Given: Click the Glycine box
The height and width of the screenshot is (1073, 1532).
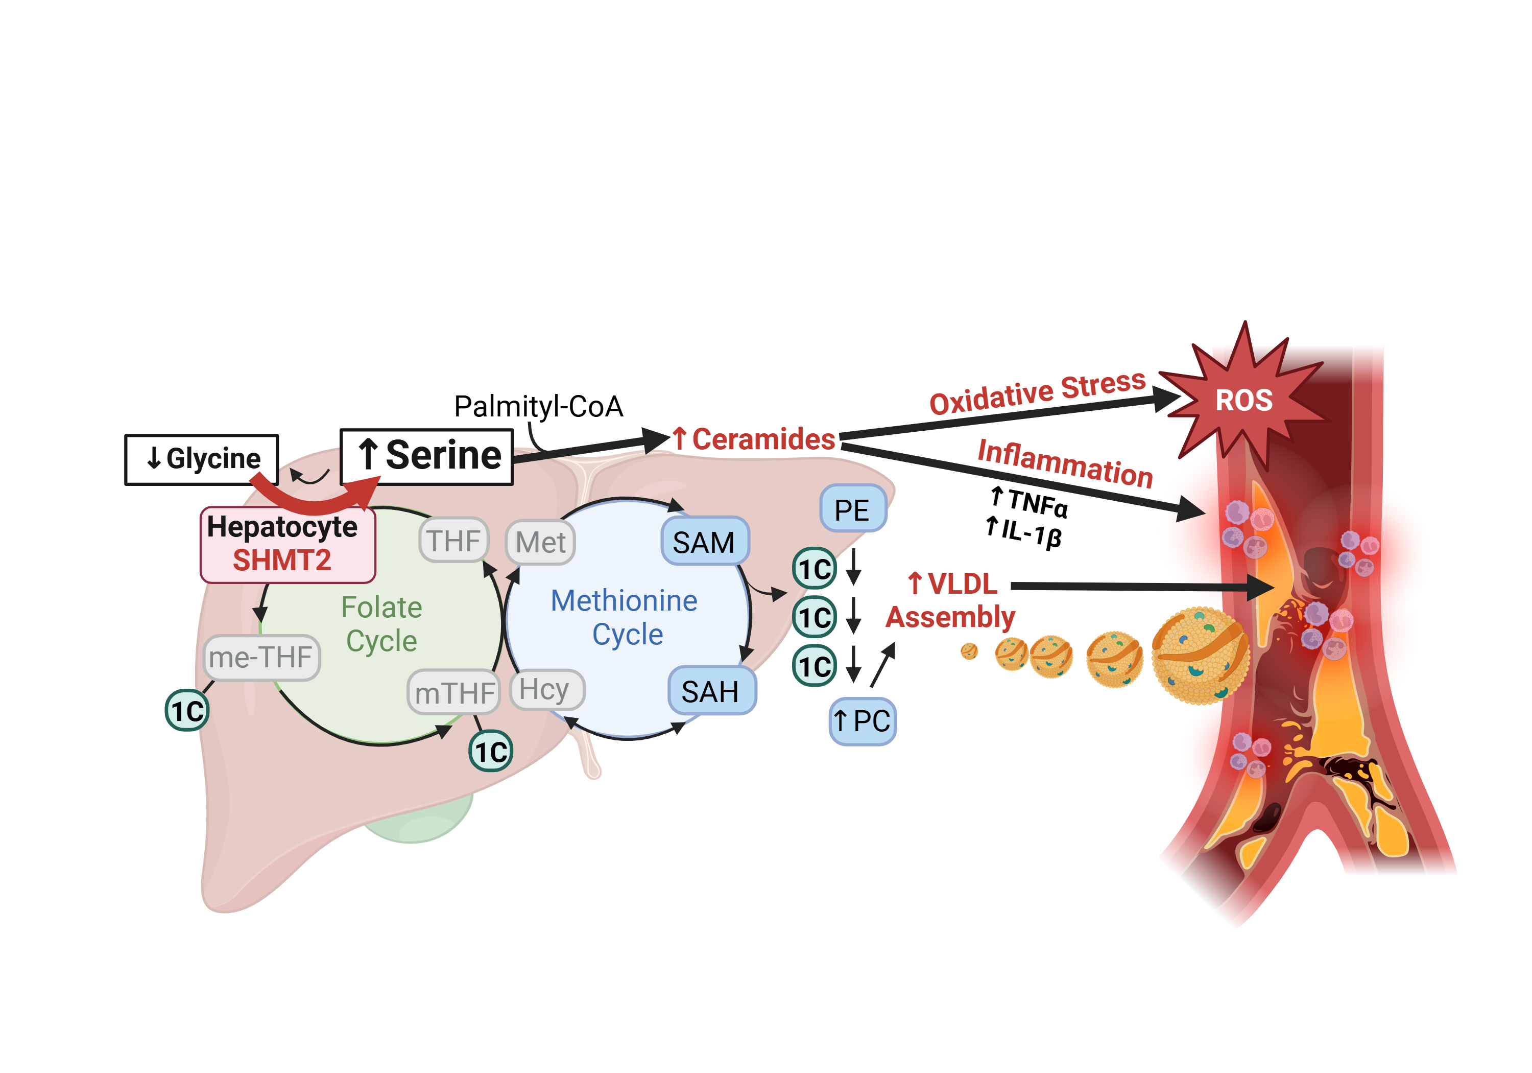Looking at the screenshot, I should [202, 459].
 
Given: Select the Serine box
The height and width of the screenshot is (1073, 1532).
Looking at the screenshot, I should [427, 457].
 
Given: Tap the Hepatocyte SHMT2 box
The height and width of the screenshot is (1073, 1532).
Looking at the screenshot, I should [287, 544].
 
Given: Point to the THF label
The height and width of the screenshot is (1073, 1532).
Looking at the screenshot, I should [454, 541].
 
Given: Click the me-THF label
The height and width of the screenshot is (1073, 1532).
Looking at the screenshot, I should [261, 658].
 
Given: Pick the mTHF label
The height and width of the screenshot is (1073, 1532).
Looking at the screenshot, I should [454, 693].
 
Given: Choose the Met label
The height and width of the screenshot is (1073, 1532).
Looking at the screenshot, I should [540, 542].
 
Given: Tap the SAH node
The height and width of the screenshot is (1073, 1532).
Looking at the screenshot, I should [711, 691].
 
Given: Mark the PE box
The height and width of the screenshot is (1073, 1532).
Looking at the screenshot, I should [852, 509].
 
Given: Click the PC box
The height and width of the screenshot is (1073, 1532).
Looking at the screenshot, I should [862, 721].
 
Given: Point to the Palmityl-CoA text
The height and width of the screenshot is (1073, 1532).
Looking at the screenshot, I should [538, 407].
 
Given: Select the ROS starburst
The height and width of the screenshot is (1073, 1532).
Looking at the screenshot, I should [1244, 401].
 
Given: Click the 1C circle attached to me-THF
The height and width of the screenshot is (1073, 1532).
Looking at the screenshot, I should [187, 710].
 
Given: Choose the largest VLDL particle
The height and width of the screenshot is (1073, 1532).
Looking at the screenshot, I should [1199, 656].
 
